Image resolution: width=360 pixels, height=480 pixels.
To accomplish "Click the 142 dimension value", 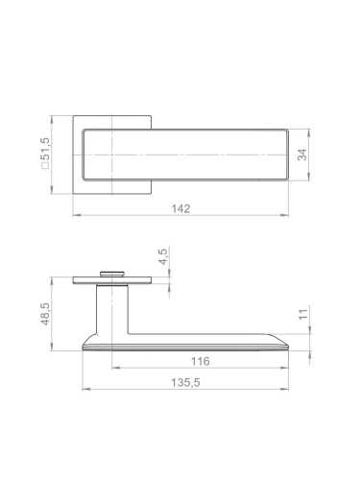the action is click(x=180, y=208).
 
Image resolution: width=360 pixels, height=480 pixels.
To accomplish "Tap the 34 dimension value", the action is click(x=302, y=155).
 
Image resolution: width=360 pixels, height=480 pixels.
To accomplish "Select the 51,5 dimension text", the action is click(x=45, y=149).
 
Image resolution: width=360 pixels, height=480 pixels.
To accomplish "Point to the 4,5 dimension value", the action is click(x=163, y=256).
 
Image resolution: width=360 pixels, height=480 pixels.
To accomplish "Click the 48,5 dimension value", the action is click(x=45, y=314).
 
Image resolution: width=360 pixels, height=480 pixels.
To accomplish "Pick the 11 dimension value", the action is click(x=303, y=314).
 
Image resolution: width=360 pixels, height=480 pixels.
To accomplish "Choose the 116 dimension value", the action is click(x=201, y=361).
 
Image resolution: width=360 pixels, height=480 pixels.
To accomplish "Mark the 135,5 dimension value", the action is click(x=185, y=382).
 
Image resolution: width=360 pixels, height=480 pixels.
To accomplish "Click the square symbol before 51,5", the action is click(x=45, y=165).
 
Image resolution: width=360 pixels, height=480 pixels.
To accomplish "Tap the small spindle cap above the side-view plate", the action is click(x=112, y=274).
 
